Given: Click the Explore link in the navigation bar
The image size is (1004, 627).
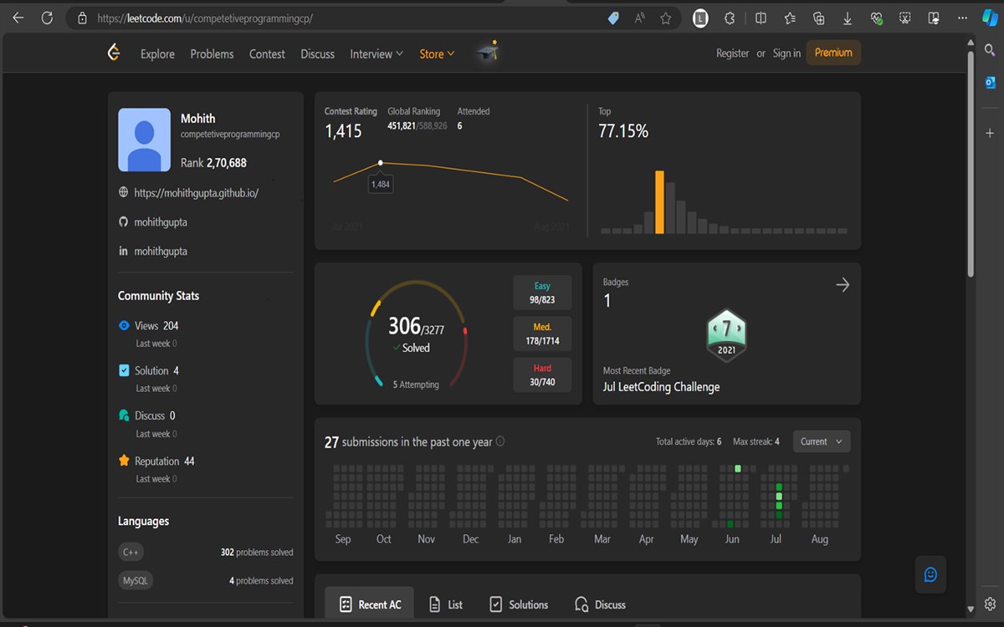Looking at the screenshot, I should (x=157, y=54).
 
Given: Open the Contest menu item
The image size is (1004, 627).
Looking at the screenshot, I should (x=267, y=54).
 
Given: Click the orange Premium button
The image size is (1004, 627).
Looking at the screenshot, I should (x=833, y=53).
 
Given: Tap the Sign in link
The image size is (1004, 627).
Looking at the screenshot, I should (x=786, y=54).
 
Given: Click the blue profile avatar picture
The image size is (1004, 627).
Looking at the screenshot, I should (x=145, y=140).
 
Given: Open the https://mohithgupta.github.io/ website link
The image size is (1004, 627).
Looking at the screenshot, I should (x=196, y=193).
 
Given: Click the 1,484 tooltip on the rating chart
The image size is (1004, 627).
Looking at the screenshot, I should (x=381, y=184).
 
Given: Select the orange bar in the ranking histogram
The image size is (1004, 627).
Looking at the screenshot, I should (x=659, y=202).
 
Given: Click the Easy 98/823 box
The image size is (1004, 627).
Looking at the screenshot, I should (x=542, y=293).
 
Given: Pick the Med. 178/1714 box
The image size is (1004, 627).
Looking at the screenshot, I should (x=542, y=334).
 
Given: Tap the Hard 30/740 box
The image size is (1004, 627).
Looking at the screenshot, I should (x=542, y=375).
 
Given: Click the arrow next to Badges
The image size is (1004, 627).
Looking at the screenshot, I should (x=843, y=285).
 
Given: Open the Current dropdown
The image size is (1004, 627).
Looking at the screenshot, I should (x=821, y=441).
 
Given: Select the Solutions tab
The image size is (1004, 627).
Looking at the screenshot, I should (x=519, y=604).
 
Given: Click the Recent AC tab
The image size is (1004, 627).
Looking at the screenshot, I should (x=370, y=604).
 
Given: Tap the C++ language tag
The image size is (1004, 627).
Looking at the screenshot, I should (x=131, y=552).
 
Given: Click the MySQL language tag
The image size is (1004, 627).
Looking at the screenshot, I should (x=136, y=580).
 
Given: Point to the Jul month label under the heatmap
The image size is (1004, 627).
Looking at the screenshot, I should (x=776, y=539).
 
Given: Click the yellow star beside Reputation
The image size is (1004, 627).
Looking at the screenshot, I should (x=124, y=461).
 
